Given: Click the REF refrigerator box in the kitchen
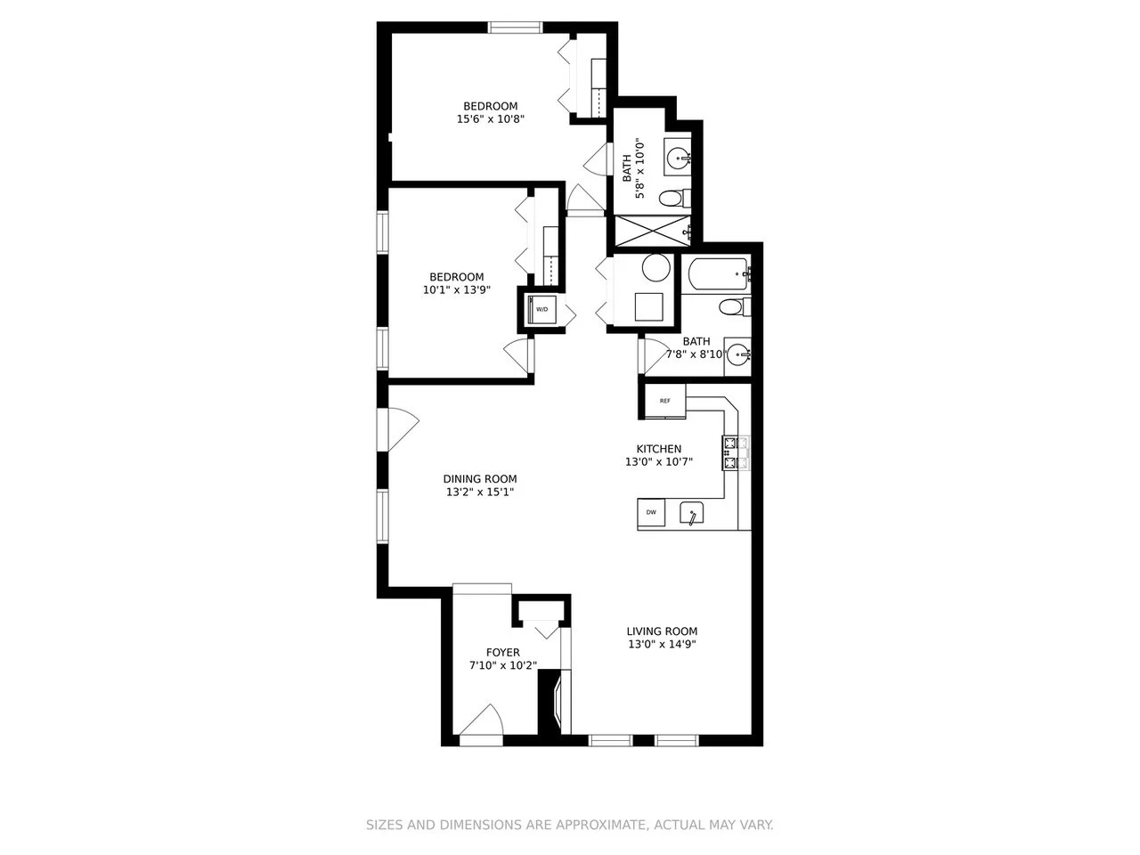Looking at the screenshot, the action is pyautogui.click(x=664, y=402).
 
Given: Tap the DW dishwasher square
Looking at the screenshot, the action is pyautogui.click(x=651, y=512).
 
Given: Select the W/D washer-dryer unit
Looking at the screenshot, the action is pyautogui.click(x=541, y=309).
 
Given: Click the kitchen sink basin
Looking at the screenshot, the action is pyautogui.click(x=691, y=513).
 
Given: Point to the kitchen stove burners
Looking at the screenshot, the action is pyautogui.click(x=736, y=452).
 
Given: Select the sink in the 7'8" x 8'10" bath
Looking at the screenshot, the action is pyautogui.click(x=737, y=355).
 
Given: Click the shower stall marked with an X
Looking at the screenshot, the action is pyautogui.click(x=652, y=231).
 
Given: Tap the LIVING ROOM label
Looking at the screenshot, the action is pyautogui.click(x=662, y=631).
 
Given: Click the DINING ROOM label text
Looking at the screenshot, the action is pyautogui.click(x=480, y=478).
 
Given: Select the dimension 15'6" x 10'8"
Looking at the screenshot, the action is pyautogui.click(x=490, y=118).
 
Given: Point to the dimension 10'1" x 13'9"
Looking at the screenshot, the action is pyautogui.click(x=457, y=289).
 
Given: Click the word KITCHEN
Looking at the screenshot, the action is pyautogui.click(x=659, y=449).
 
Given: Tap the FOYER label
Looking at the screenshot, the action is pyautogui.click(x=502, y=652).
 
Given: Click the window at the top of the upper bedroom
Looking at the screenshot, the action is pyautogui.click(x=515, y=27).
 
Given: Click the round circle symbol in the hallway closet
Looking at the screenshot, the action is pyautogui.click(x=656, y=267).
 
